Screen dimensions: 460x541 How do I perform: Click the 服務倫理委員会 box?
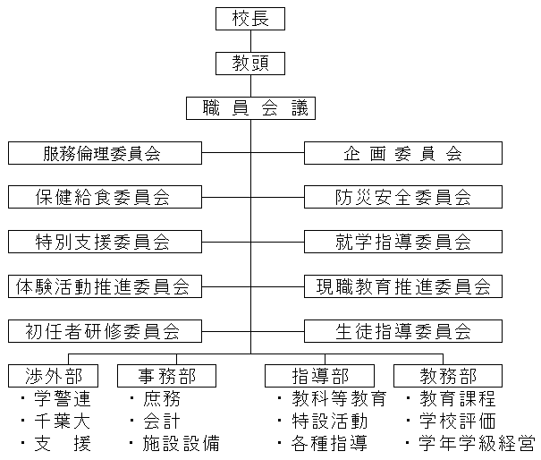[103, 153]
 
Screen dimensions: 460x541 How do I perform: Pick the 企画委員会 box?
[402, 153]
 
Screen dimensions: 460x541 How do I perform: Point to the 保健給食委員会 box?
[103, 197]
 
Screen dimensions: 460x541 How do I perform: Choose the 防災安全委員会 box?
[402, 197]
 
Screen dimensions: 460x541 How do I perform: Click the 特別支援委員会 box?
[103, 242]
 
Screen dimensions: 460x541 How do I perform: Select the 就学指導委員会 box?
[402, 242]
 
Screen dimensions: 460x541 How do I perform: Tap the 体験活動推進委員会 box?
[103, 286]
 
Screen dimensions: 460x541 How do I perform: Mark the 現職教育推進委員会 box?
[402, 286]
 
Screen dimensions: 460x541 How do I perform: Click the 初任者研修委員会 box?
[103, 331]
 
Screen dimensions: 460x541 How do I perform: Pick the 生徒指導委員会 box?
[402, 331]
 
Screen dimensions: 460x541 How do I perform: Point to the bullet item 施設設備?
[180, 443]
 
